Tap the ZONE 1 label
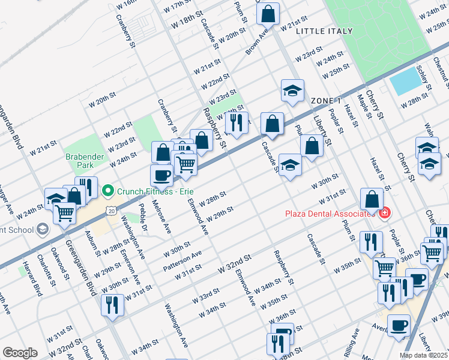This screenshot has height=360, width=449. point(326,101)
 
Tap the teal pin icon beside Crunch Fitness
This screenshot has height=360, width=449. point(108,191)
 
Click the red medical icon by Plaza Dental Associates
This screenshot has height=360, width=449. point(384,213)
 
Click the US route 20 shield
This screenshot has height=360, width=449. point(111,209)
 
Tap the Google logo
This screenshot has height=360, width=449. point(20,353)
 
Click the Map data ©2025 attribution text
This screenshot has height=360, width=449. point(423,355)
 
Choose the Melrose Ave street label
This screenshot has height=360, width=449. point(164,219)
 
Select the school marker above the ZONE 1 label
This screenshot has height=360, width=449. point(292,91)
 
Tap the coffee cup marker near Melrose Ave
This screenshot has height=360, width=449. point(161,176)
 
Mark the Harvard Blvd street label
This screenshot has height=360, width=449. point(37,286)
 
